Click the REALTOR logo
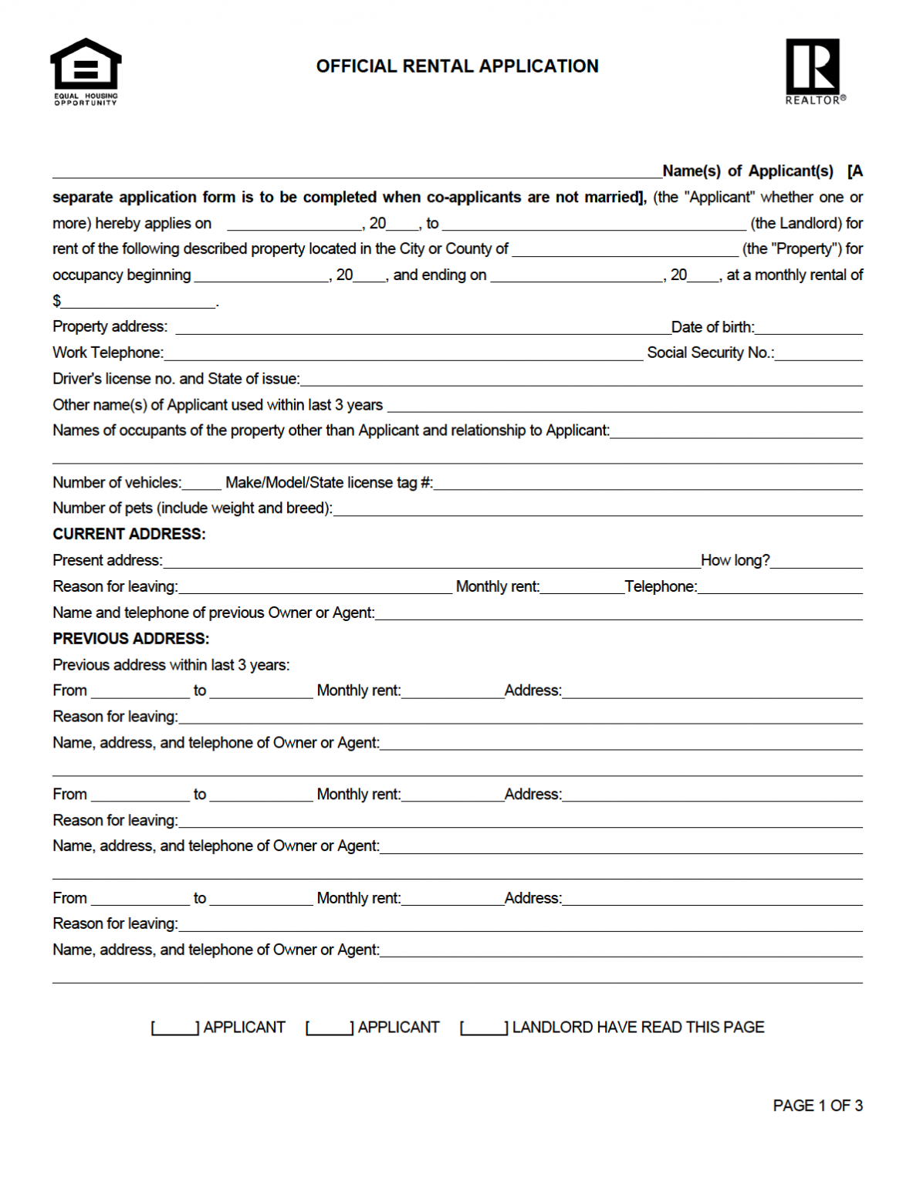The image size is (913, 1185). (814, 70)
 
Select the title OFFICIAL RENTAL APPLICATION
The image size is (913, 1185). (457, 66)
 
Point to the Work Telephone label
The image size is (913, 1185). (107, 353)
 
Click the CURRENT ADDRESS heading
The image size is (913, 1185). (129, 534)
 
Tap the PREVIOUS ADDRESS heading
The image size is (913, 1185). (130, 639)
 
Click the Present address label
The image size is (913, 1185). (107, 560)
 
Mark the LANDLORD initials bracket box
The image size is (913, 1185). (484, 1028)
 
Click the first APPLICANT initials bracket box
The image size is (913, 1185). (175, 1028)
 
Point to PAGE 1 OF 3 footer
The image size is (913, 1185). (817, 1106)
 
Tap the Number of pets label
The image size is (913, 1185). (192, 508)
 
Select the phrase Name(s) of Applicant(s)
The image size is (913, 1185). (747, 171)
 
